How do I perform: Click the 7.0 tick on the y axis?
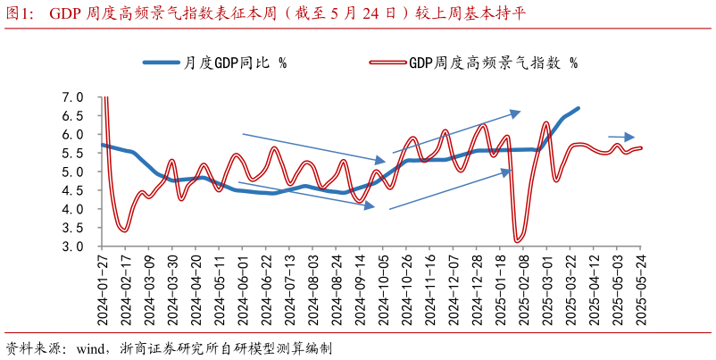(72, 97)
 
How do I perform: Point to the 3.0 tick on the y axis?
(72, 247)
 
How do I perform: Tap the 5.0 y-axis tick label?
(72, 172)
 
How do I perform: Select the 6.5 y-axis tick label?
(72, 116)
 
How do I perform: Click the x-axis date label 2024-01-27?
(104, 290)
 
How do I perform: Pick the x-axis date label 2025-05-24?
(641, 290)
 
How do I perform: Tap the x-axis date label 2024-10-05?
(384, 290)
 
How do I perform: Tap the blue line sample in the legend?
(161, 63)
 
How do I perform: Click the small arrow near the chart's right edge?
(621, 137)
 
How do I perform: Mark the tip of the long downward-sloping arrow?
(385, 161)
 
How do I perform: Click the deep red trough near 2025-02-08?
(517, 239)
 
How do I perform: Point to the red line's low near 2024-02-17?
(124, 230)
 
